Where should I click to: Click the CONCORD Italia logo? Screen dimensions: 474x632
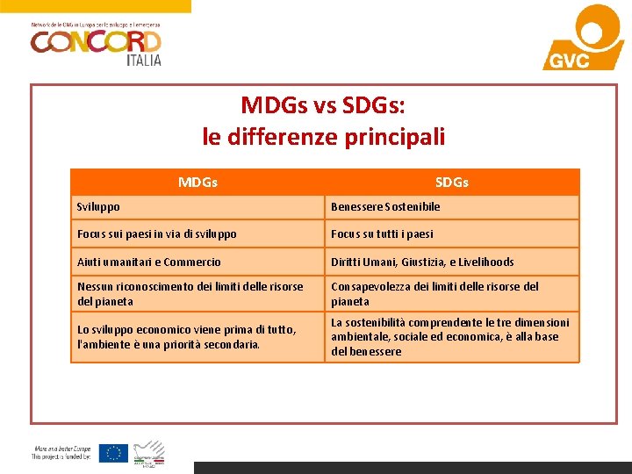point(96,41)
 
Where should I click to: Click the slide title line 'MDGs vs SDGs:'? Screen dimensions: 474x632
point(323,105)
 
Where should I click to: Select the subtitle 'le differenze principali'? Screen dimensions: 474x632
point(323,137)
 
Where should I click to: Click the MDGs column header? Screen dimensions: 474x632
point(197,183)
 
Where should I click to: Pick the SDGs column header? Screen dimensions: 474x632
point(452,183)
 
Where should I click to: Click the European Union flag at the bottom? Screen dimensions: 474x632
point(113,453)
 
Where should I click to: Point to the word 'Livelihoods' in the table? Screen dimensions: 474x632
point(485,262)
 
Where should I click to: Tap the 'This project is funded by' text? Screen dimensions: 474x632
point(61,456)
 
